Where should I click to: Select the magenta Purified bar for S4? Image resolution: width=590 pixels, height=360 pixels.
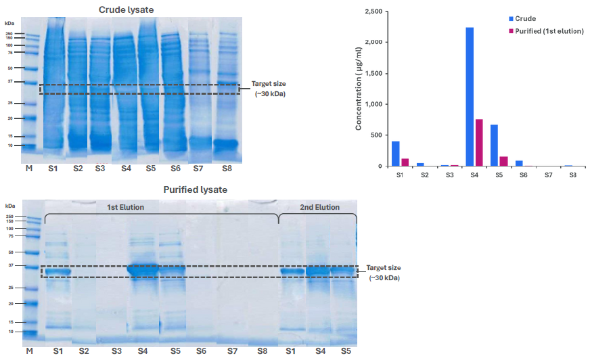click(479, 143)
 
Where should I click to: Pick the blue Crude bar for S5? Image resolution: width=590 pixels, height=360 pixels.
click(494, 145)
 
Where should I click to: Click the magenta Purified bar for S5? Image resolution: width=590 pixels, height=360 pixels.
click(503, 161)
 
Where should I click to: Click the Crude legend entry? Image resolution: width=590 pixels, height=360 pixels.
click(525, 18)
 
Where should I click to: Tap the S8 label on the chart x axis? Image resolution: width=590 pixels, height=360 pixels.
click(572, 175)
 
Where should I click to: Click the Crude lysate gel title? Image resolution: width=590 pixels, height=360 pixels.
click(126, 9)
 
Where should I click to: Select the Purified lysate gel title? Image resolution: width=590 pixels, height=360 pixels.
click(196, 189)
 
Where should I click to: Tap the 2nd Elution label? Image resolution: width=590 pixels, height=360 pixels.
click(320, 207)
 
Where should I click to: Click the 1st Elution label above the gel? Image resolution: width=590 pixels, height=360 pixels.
click(125, 207)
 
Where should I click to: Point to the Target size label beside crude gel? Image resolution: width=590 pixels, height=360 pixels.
click(269, 83)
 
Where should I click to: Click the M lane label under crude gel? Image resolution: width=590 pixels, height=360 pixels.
click(29, 166)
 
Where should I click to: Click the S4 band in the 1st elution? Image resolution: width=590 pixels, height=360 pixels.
click(143, 269)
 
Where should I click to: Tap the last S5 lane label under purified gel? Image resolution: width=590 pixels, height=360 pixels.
click(345, 352)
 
